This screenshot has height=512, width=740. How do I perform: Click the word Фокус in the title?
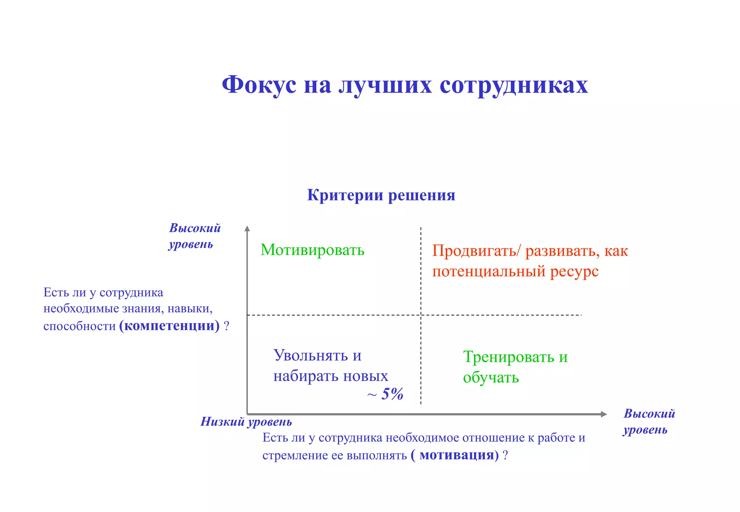pyautogui.click(x=259, y=86)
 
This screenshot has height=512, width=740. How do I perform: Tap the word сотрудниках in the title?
pyautogui.click(x=513, y=86)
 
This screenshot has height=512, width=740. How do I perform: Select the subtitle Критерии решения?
pyautogui.click(x=381, y=195)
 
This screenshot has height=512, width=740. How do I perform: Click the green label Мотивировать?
pyautogui.click(x=312, y=250)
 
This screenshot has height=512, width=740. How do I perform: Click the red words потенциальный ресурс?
pyautogui.click(x=515, y=271)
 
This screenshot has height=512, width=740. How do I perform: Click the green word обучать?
pyautogui.click(x=491, y=377)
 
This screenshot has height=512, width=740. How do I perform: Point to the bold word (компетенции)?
pyautogui.click(x=169, y=326)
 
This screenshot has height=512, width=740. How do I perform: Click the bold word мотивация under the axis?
pyautogui.click(x=457, y=455)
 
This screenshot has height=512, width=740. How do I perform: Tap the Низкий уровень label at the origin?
pyautogui.click(x=246, y=421)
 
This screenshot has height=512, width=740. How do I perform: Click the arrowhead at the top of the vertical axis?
pyautogui.click(x=247, y=228)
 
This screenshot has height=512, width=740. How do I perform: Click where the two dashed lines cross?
pyautogui.click(x=421, y=315)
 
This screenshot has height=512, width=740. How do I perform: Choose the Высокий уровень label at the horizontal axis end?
pyautogui.click(x=649, y=421)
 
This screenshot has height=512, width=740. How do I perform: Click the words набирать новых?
pyautogui.click(x=330, y=376)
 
